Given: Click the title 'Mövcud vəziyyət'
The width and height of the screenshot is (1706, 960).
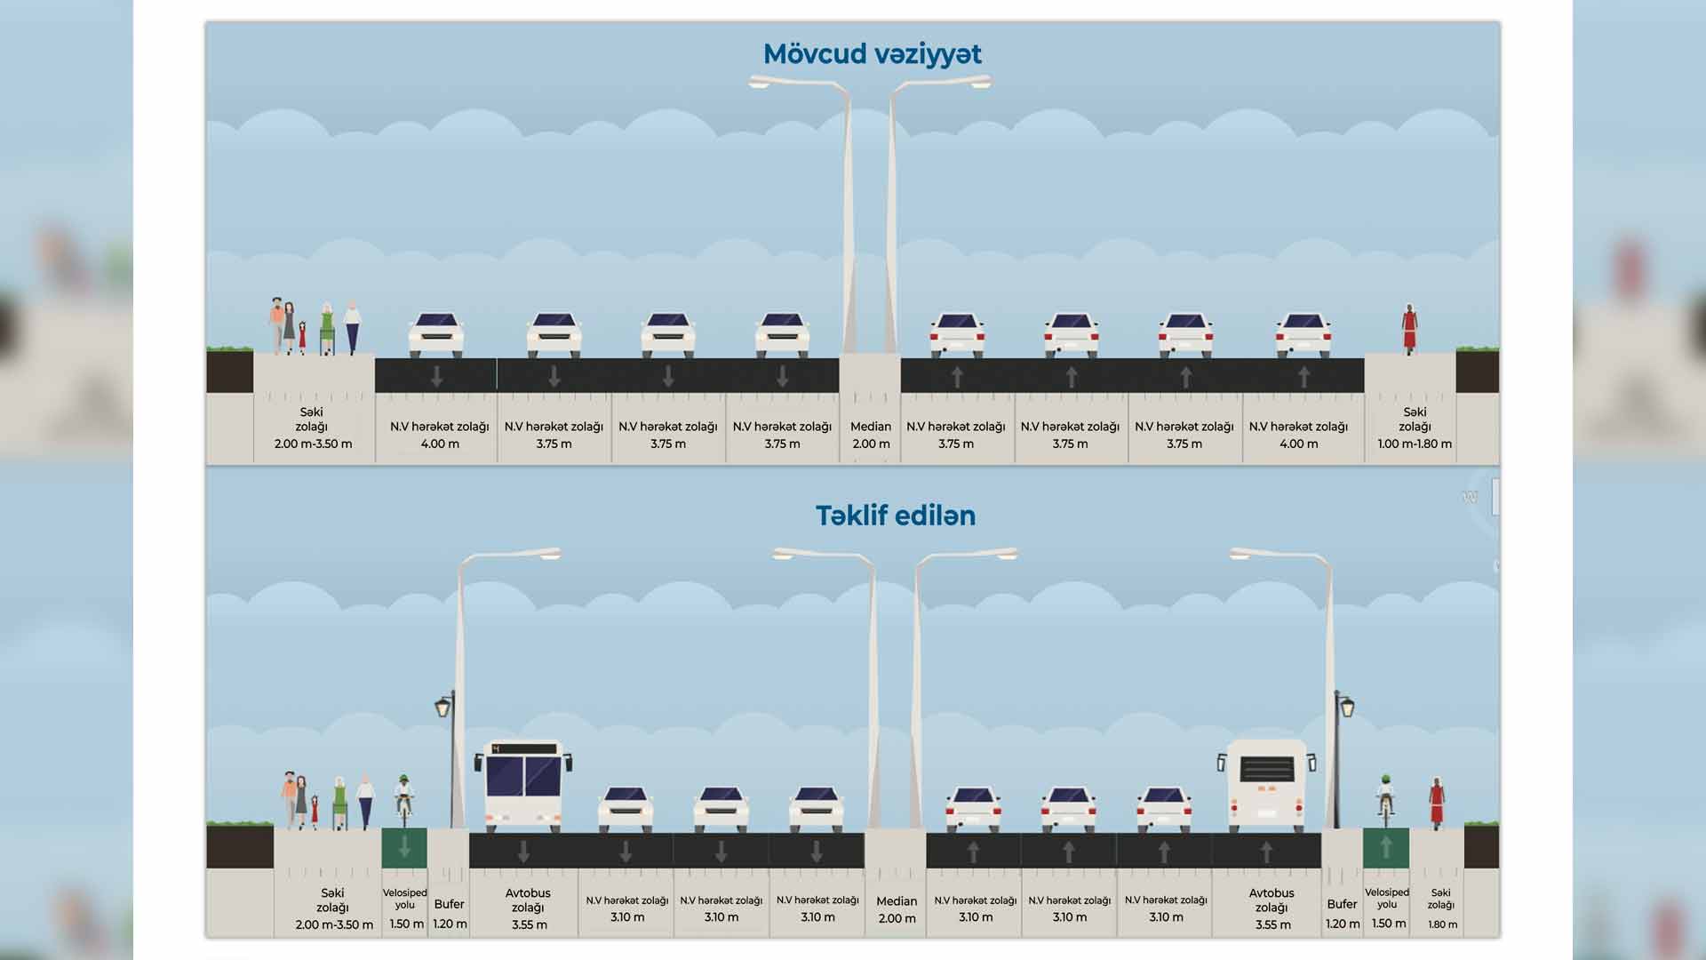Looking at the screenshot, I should coord(872,54).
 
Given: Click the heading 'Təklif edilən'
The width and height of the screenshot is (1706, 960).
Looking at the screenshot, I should coord(895,516).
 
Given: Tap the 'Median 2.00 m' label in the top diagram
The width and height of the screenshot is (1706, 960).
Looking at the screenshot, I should coord(870,436).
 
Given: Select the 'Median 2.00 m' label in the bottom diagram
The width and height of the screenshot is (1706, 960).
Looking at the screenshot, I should coord(896,909).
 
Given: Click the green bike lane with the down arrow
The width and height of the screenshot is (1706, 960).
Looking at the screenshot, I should coord(404,848).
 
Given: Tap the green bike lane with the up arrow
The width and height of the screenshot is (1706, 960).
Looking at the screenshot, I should coord(1385,848).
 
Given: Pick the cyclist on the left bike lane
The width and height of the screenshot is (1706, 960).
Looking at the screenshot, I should coord(404,797).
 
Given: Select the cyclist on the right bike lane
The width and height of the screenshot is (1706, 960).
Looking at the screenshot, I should coord(1384,797).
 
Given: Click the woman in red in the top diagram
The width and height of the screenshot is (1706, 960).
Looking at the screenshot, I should coord(1409,328).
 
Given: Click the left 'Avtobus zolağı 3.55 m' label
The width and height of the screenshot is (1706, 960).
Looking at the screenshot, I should coord(528,908).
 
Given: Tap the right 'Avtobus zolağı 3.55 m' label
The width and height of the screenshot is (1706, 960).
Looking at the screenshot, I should coord(1272,908).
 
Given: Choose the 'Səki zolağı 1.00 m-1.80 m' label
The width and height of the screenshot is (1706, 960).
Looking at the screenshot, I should coord(1415,428).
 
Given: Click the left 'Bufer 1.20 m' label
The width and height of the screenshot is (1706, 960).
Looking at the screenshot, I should coord(449,914).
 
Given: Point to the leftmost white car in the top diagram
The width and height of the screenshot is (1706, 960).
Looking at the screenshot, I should coord(435,335).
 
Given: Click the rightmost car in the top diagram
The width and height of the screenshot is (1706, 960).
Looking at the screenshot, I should coord(1303,335).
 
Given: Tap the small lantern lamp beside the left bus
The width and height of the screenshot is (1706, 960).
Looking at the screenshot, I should coord(443,708).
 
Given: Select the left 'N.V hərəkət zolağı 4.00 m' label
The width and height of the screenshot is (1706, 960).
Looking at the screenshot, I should coord(439,436).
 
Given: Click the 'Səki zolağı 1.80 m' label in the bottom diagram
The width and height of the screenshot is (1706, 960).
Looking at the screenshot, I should coord(1440,908).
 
